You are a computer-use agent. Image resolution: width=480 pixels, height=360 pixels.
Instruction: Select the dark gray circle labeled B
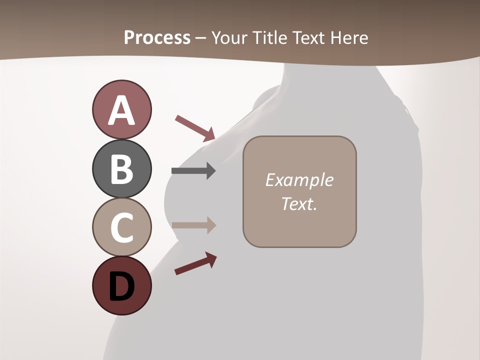(x=121, y=168)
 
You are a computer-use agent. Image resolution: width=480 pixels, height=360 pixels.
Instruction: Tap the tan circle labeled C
(x=121, y=227)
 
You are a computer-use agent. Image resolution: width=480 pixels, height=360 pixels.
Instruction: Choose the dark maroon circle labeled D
(x=121, y=285)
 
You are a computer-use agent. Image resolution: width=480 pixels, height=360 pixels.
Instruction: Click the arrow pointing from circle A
(x=195, y=128)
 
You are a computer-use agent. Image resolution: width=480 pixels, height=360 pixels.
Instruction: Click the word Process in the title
(x=157, y=37)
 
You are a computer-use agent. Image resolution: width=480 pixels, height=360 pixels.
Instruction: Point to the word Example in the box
(x=299, y=180)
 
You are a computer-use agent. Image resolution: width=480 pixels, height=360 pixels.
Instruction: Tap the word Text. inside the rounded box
(x=299, y=203)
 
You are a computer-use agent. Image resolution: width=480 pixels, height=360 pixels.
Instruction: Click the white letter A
(x=121, y=110)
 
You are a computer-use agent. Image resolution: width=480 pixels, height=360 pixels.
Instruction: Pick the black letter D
(x=121, y=287)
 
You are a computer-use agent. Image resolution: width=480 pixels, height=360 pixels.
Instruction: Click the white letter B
(x=121, y=169)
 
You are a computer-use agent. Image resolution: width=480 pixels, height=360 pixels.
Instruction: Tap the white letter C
(x=121, y=227)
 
